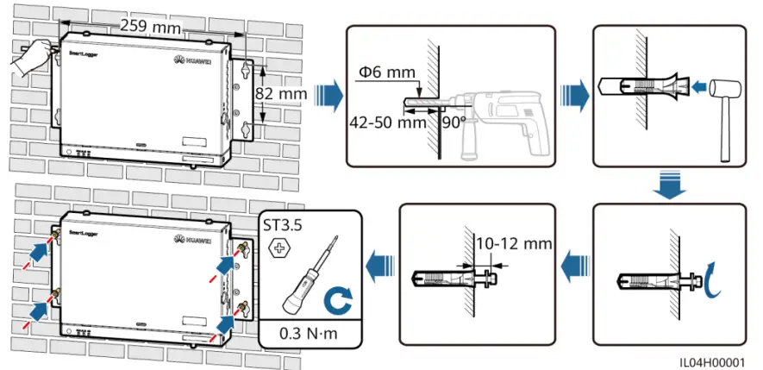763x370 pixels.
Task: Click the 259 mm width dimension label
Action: click(x=144, y=26)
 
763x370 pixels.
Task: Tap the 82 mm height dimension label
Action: click(x=282, y=92)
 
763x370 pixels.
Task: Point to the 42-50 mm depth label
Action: click(x=388, y=122)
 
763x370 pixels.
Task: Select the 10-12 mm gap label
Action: click(x=516, y=244)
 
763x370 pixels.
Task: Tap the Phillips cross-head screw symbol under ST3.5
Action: click(x=278, y=249)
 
